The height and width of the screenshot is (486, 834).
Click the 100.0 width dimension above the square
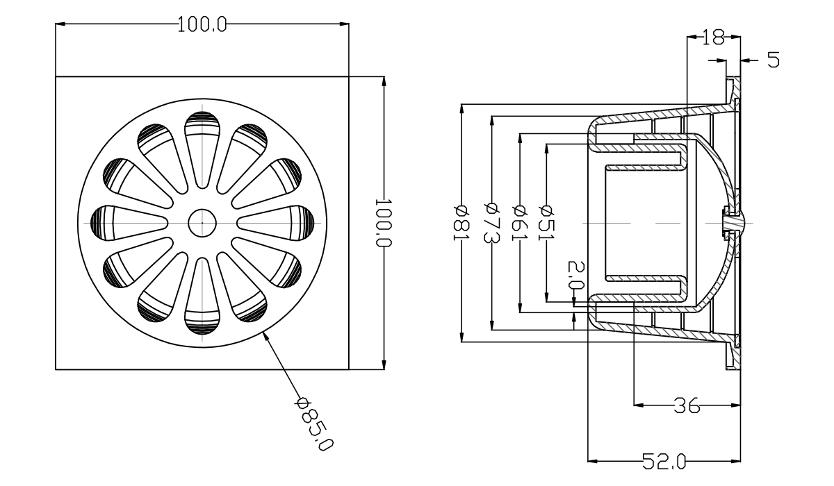tap(202, 24)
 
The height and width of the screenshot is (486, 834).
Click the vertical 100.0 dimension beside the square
tap(384, 222)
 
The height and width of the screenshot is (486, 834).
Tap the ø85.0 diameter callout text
tap(313, 423)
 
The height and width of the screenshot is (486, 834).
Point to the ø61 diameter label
tap(519, 222)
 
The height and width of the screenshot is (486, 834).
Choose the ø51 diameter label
tap(547, 222)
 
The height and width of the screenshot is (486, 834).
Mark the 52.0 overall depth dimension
tap(664, 460)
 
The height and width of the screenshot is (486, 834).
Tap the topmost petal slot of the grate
tap(202, 142)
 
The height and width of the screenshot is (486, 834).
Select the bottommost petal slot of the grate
tap(202, 302)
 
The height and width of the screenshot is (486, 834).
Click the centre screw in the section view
tap(732, 222)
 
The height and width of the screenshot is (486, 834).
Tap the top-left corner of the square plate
tap(56, 76)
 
